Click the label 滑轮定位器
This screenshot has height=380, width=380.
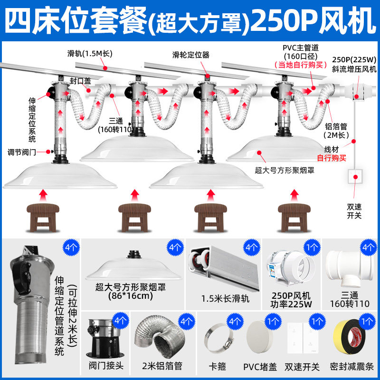[x=191, y=55]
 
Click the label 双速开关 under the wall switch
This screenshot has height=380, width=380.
[x=354, y=211]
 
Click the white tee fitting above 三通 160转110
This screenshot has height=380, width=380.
[x=350, y=266]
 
